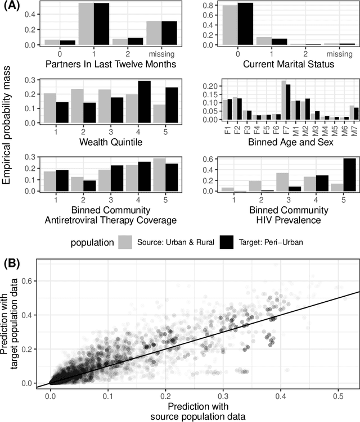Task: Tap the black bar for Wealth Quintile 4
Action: click(x=128, y=102)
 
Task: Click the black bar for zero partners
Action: click(x=51, y=42)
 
